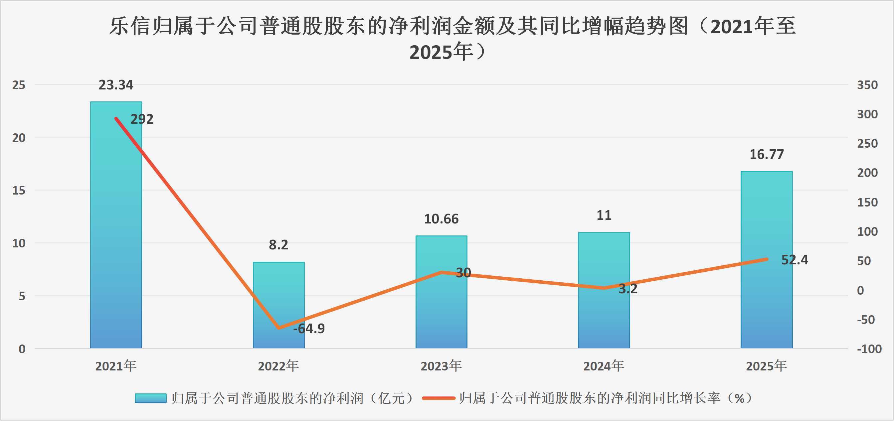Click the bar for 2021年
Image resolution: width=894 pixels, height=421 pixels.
(116, 225)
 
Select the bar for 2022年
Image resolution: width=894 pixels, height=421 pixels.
(278, 305)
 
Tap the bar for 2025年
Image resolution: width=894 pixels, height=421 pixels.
(766, 260)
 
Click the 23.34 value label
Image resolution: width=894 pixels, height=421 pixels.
(116, 85)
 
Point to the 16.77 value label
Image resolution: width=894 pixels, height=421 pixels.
(766, 155)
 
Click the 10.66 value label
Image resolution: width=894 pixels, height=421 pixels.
(441, 219)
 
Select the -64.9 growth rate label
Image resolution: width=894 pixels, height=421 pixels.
(309, 329)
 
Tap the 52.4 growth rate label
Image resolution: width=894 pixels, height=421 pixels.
(795, 260)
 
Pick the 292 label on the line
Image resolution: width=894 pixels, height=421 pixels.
(142, 119)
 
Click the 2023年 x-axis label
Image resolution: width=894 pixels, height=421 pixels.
(441, 366)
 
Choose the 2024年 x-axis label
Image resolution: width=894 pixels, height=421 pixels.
(604, 366)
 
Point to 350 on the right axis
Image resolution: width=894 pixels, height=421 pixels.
(867, 85)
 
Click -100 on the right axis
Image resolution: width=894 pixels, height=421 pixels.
(869, 349)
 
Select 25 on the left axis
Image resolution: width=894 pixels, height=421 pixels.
(19, 85)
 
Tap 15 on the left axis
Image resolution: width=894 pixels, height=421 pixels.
(19, 191)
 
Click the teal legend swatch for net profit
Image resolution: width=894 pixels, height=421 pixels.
(151, 398)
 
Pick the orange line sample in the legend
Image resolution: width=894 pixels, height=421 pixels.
(438, 398)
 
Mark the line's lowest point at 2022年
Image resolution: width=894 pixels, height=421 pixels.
(278, 328)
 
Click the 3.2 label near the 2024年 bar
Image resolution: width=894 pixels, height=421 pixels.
(628, 289)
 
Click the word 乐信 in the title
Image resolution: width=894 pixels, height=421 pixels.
(130, 26)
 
